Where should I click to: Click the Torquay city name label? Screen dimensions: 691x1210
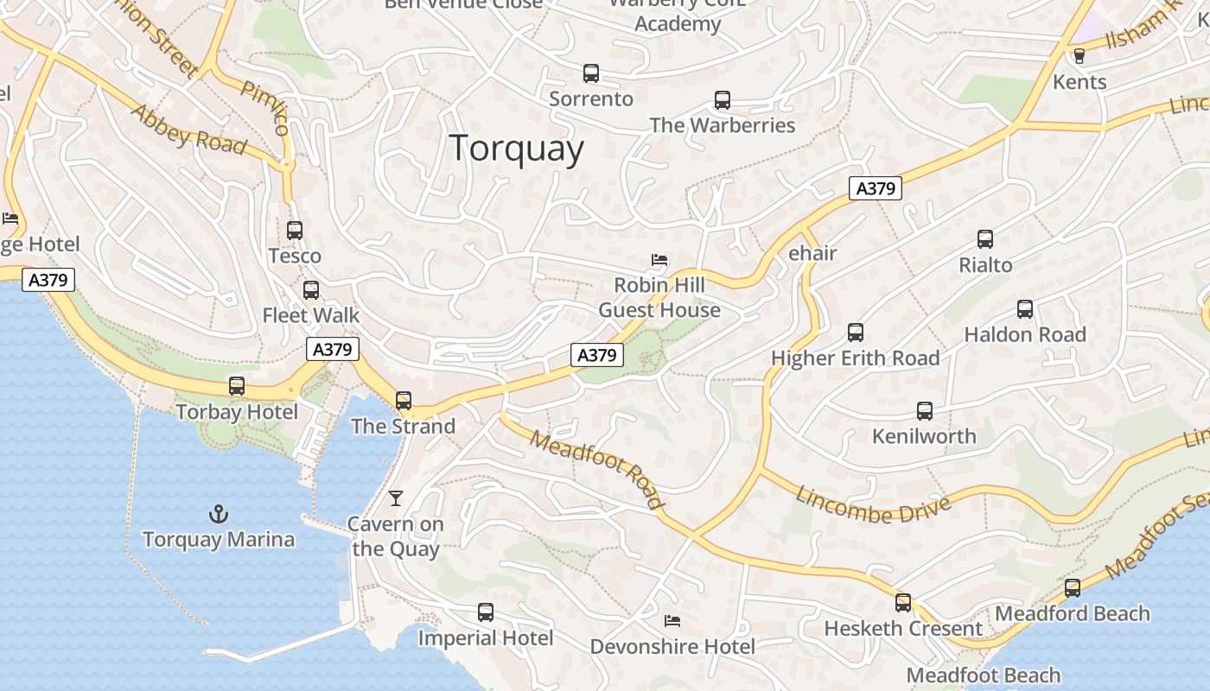(516, 149)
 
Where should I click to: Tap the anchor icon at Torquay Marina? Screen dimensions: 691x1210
(219, 515)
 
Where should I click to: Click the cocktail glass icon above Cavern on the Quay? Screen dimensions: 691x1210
(396, 498)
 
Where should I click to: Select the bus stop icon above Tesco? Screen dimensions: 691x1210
(295, 231)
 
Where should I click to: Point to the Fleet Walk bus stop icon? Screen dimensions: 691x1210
(311, 290)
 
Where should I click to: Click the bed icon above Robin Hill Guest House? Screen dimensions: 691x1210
(659, 260)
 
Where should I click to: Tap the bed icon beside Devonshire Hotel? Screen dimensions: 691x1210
(672, 621)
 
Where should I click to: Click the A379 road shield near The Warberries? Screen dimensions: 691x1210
(875, 188)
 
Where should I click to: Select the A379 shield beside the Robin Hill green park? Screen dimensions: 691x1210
(596, 354)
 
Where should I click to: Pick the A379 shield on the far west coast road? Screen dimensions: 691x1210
(48, 280)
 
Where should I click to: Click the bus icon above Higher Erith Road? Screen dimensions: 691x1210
(856, 333)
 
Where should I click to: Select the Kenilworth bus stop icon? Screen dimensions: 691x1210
(925, 411)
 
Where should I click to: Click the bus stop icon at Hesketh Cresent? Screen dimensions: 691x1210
(903, 603)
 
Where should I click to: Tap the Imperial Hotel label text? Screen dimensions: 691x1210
(485, 638)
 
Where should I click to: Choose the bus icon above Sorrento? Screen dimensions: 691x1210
(591, 73)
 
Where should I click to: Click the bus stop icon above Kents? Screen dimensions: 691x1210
(1079, 56)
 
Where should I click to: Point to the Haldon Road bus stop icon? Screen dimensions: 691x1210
(1025, 309)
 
